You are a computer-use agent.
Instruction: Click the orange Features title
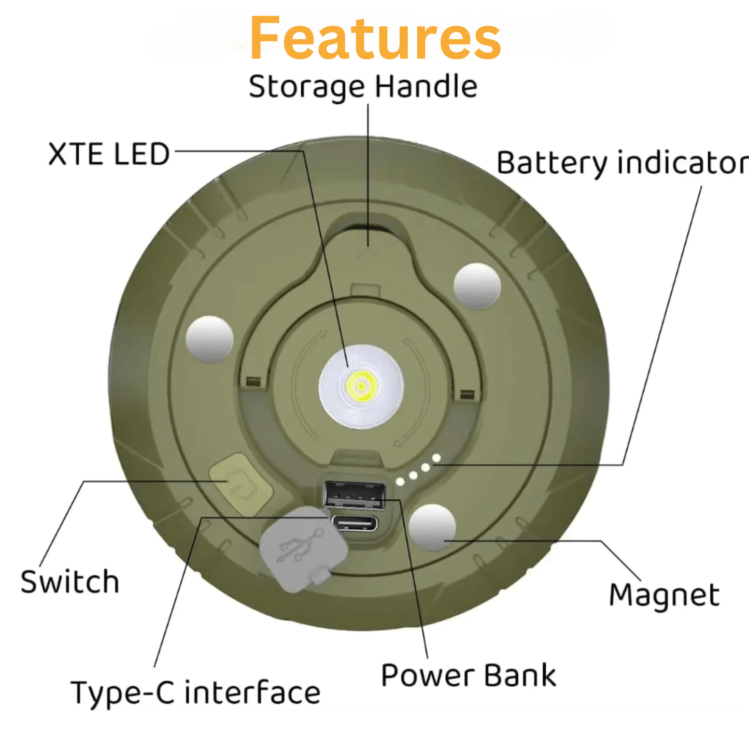coord(375,38)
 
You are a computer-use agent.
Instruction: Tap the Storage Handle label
coord(363,87)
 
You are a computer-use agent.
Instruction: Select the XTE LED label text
coord(109,154)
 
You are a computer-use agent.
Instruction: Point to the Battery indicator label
coord(622,163)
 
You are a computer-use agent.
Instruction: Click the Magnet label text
coord(664,595)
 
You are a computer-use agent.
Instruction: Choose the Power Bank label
coord(469,676)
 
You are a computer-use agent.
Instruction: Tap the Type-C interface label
coord(195,694)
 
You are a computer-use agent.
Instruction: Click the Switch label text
coord(70,582)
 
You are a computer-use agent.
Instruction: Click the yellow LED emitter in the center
coord(360,386)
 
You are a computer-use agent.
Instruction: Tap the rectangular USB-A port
coord(355,495)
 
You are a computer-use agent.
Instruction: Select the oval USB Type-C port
coord(355,523)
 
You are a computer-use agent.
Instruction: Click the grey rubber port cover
coord(303,549)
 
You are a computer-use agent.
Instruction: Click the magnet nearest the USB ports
coord(432,527)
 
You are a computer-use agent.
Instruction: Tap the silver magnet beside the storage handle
coord(477,286)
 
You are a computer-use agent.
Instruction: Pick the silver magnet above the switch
coord(209,339)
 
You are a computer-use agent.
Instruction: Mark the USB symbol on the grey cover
coord(300,545)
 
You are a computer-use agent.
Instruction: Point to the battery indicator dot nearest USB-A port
coord(400,482)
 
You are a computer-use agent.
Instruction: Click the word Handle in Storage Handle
coord(426,87)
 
